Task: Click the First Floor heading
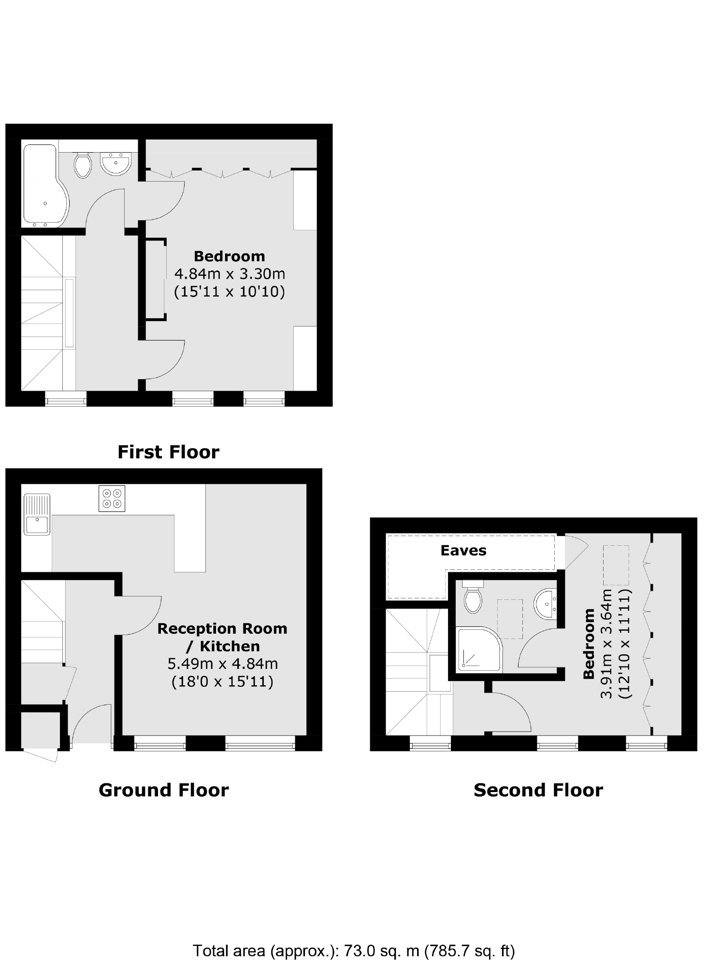(x=168, y=452)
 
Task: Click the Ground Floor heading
(x=163, y=790)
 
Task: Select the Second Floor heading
(x=538, y=790)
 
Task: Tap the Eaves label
(x=463, y=551)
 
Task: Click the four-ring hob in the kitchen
(x=112, y=498)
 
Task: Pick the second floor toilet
(x=473, y=596)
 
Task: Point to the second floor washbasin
(x=547, y=603)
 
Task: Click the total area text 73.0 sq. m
(x=381, y=951)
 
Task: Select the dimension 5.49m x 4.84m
(x=223, y=664)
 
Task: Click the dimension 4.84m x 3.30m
(x=230, y=274)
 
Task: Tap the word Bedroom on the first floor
(x=230, y=256)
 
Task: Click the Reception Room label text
(x=222, y=628)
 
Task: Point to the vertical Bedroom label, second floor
(x=589, y=643)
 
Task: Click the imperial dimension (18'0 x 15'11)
(x=223, y=681)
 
